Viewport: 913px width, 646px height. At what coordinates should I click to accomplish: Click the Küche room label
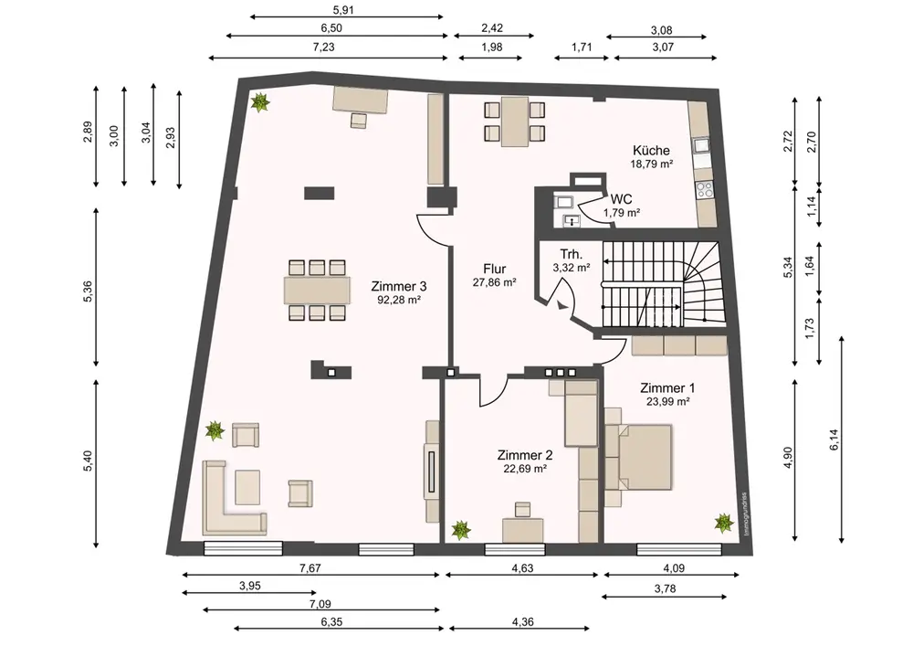tap(652, 150)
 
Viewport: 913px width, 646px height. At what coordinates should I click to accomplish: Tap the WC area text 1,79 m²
tap(622, 213)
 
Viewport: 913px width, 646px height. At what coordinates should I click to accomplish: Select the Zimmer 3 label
tap(399, 286)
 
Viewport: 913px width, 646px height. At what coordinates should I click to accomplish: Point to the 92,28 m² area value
tap(399, 300)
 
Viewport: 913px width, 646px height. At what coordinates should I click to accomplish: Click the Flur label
tap(494, 269)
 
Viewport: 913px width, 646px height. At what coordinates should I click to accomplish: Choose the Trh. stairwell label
tap(572, 254)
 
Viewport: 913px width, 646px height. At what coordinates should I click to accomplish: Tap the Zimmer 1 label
tap(667, 387)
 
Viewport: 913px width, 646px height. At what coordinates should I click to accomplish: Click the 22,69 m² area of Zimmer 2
tap(525, 469)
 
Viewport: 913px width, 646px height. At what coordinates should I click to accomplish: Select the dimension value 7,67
tap(310, 568)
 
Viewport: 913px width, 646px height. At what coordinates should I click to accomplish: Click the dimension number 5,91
tap(343, 9)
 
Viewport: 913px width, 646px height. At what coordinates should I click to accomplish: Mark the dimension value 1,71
tap(581, 47)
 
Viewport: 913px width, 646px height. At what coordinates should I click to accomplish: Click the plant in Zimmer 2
tap(461, 529)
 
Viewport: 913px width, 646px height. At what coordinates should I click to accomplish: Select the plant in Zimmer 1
tap(724, 523)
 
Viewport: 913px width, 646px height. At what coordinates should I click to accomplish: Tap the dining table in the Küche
tap(515, 122)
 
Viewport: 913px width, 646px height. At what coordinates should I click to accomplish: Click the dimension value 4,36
tap(522, 621)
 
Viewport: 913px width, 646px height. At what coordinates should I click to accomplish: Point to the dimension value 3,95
tap(250, 586)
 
